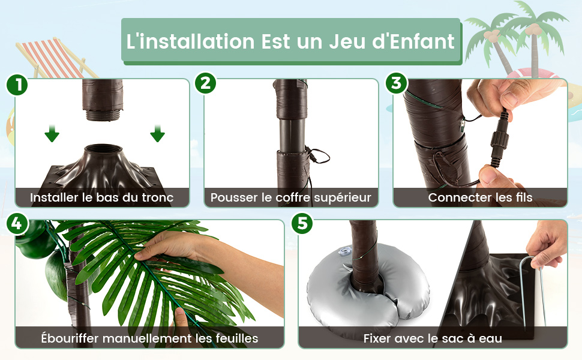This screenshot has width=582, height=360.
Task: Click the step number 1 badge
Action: click(17, 85)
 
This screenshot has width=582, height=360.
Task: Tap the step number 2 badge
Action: click(206, 83)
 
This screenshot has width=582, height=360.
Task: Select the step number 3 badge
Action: click(396, 83)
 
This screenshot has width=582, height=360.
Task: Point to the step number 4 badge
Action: click(17, 224)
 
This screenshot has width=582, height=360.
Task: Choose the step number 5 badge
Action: click(302, 223)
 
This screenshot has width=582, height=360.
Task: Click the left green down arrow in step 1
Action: click(52, 134)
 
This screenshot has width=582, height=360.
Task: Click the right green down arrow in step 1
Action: click(157, 134)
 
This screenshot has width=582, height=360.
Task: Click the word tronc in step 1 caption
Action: click(158, 198)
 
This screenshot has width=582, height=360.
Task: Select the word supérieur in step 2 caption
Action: click(342, 198)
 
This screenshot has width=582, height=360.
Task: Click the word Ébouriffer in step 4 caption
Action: click(70, 338)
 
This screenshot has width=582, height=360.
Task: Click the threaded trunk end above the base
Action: click(103, 114)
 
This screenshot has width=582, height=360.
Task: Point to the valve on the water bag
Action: click(344, 251)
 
